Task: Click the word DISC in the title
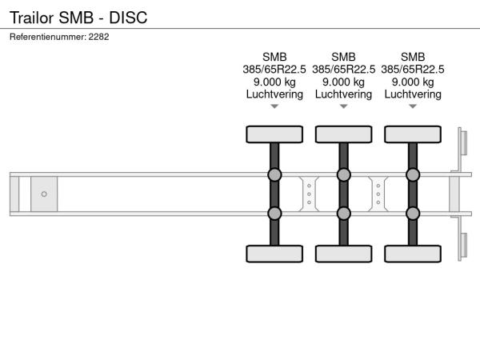(x=128, y=18)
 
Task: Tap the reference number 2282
(x=98, y=37)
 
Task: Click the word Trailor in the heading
(x=32, y=18)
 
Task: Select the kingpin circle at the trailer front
(x=44, y=194)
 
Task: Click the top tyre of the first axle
(x=274, y=134)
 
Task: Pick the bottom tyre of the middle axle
(x=344, y=254)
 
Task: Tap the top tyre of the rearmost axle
(x=413, y=134)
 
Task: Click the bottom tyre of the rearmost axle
(x=413, y=254)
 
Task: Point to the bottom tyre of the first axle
(x=274, y=254)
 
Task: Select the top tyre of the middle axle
(x=344, y=134)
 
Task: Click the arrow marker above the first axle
(x=274, y=106)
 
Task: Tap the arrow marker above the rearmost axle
(x=413, y=106)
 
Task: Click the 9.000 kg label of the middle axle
(x=344, y=82)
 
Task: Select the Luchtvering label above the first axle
(x=274, y=94)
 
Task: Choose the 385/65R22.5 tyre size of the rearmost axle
(x=413, y=70)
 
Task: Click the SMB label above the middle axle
(x=343, y=57)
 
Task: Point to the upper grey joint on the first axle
(x=274, y=174)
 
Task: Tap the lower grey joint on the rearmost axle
(x=413, y=214)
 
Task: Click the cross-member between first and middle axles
(x=309, y=194)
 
